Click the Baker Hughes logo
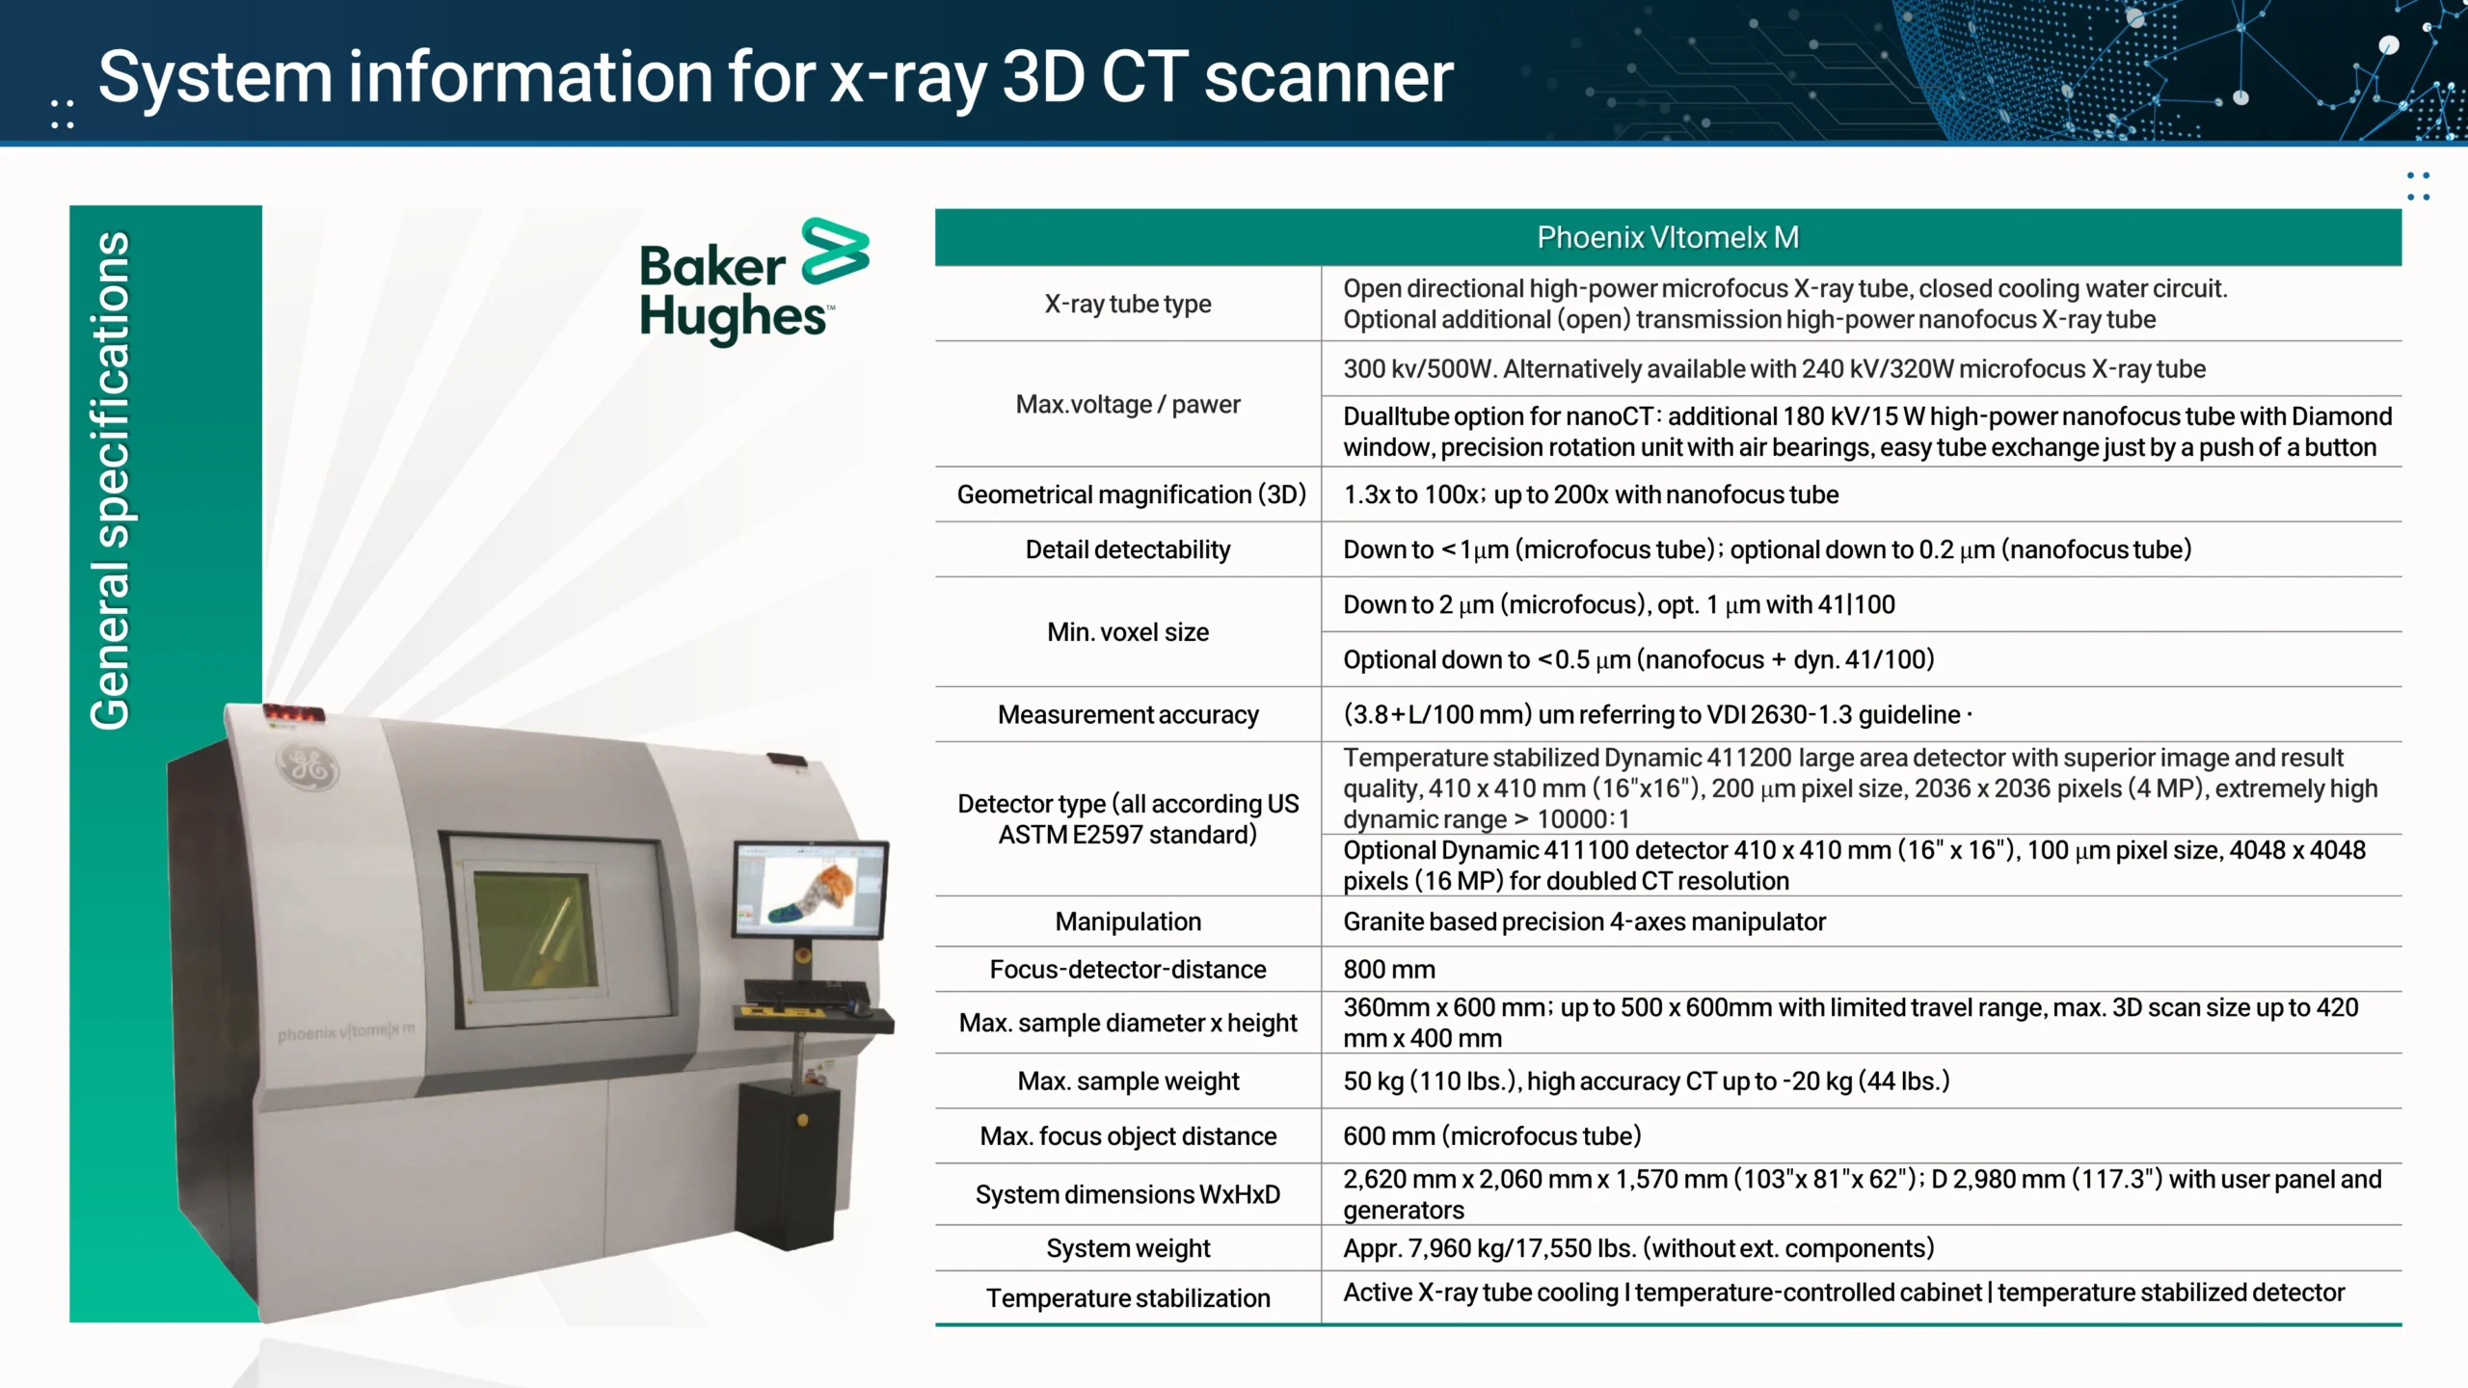pyautogui.click(x=754, y=280)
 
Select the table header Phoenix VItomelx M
pyautogui.click(x=1668, y=237)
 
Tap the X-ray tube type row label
pyautogui.click(x=1128, y=304)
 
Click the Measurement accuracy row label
pyautogui.click(x=1128, y=714)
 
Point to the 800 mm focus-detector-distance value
pyautogui.click(x=1389, y=969)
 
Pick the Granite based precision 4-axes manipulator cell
pyautogui.click(x=1584, y=921)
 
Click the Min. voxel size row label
pyautogui.click(x=1128, y=632)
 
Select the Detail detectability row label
pyautogui.click(x=1128, y=549)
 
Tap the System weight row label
pyautogui.click(x=1128, y=1248)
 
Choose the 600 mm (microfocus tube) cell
pyautogui.click(x=1492, y=1135)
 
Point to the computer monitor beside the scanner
pyautogui.click(x=811, y=888)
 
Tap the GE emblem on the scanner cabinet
pyautogui.click(x=308, y=767)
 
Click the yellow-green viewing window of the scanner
pyautogui.click(x=536, y=931)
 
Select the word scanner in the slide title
pyautogui.click(x=1328, y=77)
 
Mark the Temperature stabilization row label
pyautogui.click(x=1128, y=1298)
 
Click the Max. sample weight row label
pyautogui.click(x=1128, y=1081)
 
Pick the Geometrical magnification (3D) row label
pyautogui.click(x=1131, y=494)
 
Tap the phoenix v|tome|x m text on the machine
pyautogui.click(x=346, y=1031)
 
